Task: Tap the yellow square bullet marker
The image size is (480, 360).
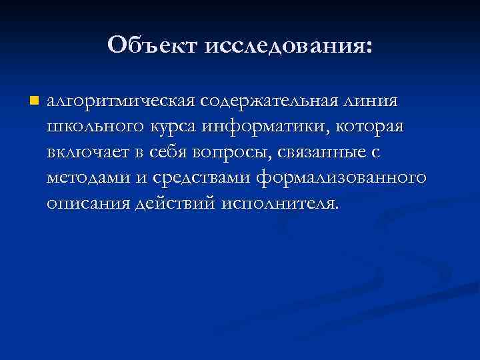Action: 34,101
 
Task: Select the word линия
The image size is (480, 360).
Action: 373,101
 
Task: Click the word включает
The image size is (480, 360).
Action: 87,152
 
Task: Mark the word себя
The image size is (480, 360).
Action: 166,152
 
